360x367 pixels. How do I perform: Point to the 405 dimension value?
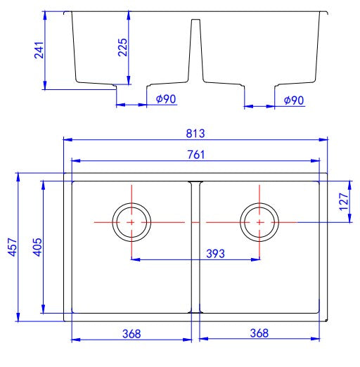[38, 247]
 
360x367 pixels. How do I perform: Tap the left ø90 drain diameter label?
[165, 100]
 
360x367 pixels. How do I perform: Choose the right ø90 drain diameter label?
[293, 101]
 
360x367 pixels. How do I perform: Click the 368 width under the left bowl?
[131, 333]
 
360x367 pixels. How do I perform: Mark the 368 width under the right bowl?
[260, 333]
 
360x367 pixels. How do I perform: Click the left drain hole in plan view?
[131, 221]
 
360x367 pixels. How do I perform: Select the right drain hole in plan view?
[259, 221]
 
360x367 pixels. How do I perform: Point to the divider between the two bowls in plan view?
[195, 246]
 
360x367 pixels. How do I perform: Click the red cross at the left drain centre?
[131, 221]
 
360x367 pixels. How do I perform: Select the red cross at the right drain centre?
[259, 221]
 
